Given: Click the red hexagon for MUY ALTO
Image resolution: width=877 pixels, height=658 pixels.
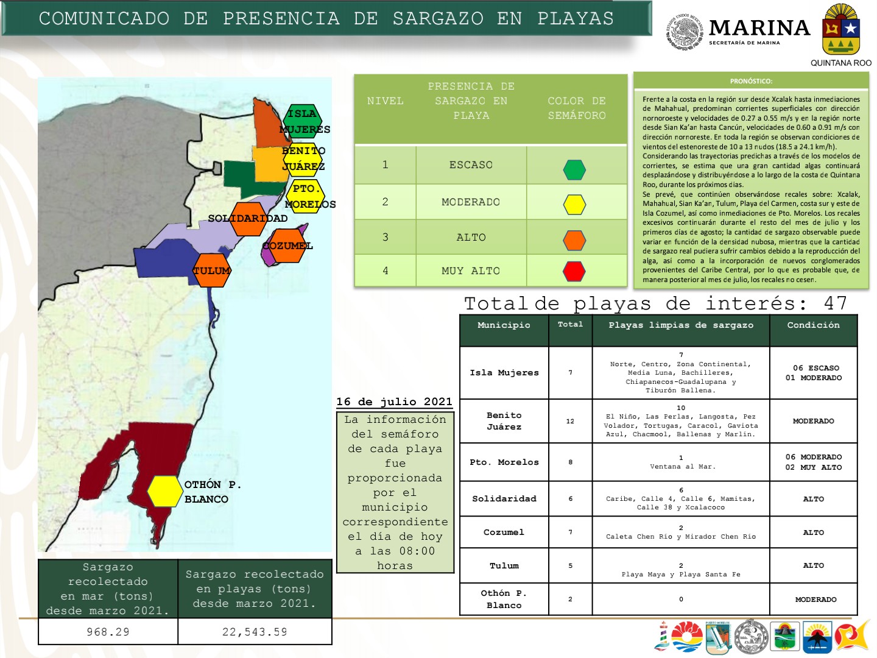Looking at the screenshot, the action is tap(574, 271).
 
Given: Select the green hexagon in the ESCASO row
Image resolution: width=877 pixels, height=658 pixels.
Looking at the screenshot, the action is tap(574, 169).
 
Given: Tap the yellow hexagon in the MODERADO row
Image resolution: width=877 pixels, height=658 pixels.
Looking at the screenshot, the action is tap(574, 205).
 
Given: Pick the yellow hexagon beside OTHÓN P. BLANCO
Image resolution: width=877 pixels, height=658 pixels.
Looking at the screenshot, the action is tap(164, 491).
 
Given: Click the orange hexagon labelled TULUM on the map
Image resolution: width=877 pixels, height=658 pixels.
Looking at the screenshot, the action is tap(212, 271).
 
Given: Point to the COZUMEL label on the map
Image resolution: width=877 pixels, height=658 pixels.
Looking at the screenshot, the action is tap(287, 246).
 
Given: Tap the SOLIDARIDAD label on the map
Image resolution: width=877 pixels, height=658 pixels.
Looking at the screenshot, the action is tap(247, 218).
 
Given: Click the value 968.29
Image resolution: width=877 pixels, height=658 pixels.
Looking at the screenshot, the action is tap(108, 632).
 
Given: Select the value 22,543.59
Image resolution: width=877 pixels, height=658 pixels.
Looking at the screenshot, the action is tap(255, 632).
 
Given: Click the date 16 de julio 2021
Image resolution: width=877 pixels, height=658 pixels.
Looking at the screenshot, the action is tap(394, 402).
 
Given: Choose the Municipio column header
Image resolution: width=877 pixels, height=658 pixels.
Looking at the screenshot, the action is tap(504, 325).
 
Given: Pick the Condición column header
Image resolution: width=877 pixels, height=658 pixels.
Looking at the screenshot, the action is tap(813, 325).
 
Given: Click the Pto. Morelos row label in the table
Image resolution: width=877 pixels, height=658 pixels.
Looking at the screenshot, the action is tap(504, 462).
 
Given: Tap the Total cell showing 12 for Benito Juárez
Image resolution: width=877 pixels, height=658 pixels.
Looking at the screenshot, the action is tap(570, 421).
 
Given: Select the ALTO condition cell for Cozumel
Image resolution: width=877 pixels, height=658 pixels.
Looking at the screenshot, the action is tap(813, 532).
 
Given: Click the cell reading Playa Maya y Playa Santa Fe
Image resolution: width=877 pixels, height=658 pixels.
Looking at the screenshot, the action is tap(681, 574).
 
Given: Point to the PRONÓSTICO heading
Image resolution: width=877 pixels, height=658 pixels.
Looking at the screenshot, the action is tap(751, 81).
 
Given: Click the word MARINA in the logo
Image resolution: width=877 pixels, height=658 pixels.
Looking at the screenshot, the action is tap(759, 28).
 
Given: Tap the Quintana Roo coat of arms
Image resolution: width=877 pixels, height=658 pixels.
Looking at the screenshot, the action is tap(840, 30).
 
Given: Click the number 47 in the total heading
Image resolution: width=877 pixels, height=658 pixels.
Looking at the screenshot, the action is tap(835, 303).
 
